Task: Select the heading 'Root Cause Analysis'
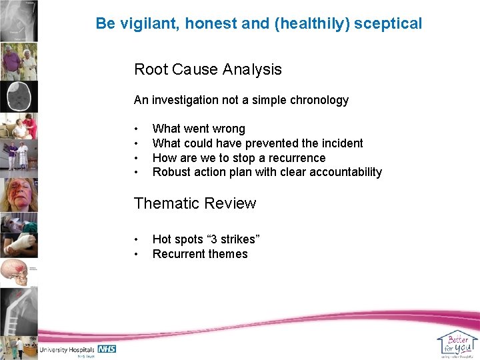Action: pos(208,69)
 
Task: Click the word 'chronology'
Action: pos(319,100)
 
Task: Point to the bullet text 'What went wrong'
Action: pos(199,129)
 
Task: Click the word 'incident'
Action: pos(340,143)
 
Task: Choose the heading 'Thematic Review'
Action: pos(195,203)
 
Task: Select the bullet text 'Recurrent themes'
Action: pos(200,254)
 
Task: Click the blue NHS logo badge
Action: pos(107,349)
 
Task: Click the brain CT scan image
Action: pos(19,97)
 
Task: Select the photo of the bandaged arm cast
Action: pos(19,243)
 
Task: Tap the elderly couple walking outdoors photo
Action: pos(19,62)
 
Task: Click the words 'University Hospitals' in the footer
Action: pos(67,350)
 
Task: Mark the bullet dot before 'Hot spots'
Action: pos(136,239)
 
